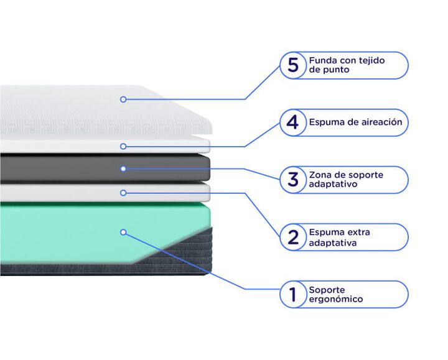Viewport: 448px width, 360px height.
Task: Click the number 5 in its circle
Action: [293, 65]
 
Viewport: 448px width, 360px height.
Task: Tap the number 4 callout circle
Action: [293, 122]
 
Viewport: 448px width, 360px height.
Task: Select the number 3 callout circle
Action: [293, 180]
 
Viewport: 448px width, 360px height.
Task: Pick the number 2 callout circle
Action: [293, 238]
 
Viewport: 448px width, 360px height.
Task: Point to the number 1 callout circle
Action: [293, 294]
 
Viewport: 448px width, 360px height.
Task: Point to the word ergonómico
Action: [336, 299]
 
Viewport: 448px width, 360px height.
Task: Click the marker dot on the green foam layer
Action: [123, 233]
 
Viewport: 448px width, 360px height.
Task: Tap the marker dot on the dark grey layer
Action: [123, 168]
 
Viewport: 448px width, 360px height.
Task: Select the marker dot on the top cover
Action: [123, 99]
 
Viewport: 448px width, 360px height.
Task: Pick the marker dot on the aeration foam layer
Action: [123, 147]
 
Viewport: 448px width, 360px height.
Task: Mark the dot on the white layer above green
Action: [123, 193]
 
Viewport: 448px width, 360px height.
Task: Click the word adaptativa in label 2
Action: [333, 243]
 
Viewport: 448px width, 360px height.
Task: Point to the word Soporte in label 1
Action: [327, 290]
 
